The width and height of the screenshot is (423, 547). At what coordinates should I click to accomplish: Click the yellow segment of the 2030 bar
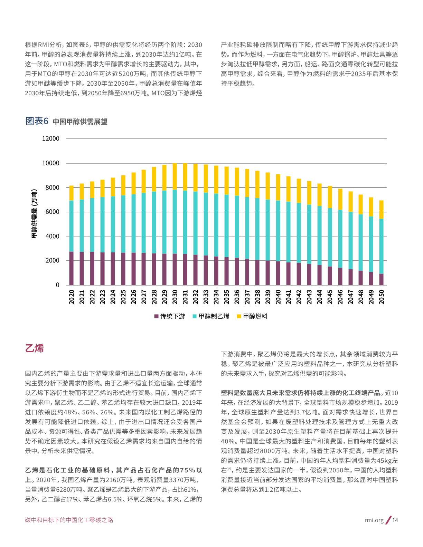[175, 176]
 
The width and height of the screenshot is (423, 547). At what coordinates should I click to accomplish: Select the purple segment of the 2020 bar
[72, 268]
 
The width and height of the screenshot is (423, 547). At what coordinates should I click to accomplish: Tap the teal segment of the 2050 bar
[381, 246]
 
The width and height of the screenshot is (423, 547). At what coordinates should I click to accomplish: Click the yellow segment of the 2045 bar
[330, 197]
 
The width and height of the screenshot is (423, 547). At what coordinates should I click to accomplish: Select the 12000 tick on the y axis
[51, 138]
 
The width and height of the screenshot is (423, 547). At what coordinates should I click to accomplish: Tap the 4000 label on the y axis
[53, 236]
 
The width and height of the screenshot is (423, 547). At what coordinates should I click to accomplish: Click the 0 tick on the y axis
[57, 285]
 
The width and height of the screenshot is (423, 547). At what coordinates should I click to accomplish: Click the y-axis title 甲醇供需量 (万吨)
[34, 214]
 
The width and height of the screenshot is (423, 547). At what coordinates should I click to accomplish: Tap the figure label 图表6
[37, 121]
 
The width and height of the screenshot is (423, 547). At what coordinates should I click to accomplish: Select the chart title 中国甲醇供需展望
[80, 122]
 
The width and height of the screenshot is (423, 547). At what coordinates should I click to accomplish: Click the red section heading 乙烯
[34, 348]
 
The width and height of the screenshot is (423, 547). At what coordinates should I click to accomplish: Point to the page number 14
[395, 520]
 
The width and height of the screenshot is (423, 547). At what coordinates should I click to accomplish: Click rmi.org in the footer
[374, 520]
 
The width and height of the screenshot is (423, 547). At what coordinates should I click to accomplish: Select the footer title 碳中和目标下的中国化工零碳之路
[69, 520]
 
